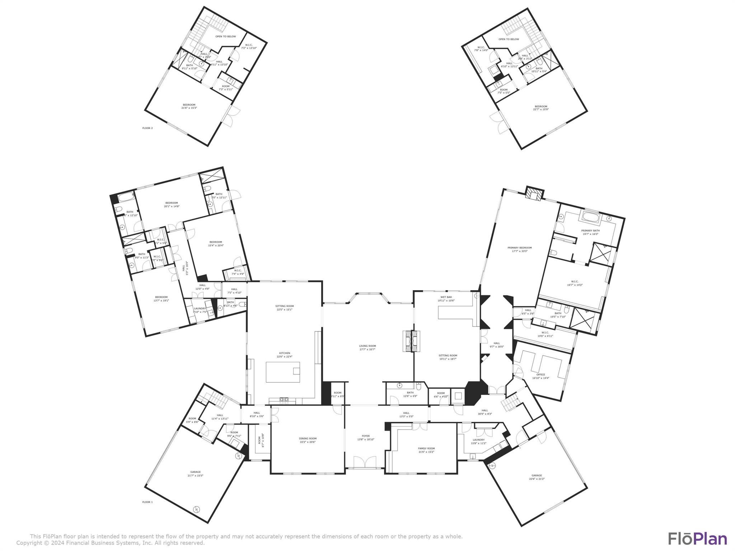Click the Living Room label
[367, 347]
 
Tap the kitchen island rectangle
[283, 372]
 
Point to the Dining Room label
[308, 440]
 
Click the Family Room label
[426, 450]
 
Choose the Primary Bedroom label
[519, 249]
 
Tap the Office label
[540, 376]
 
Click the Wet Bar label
[446, 298]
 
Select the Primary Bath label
[590, 232]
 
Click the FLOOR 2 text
[147, 128]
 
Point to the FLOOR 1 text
[147, 502]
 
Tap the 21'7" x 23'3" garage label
[195, 474]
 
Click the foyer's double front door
[365, 462]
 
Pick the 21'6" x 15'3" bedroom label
[189, 106]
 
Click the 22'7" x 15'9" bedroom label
[540, 108]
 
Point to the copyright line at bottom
[111, 543]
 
